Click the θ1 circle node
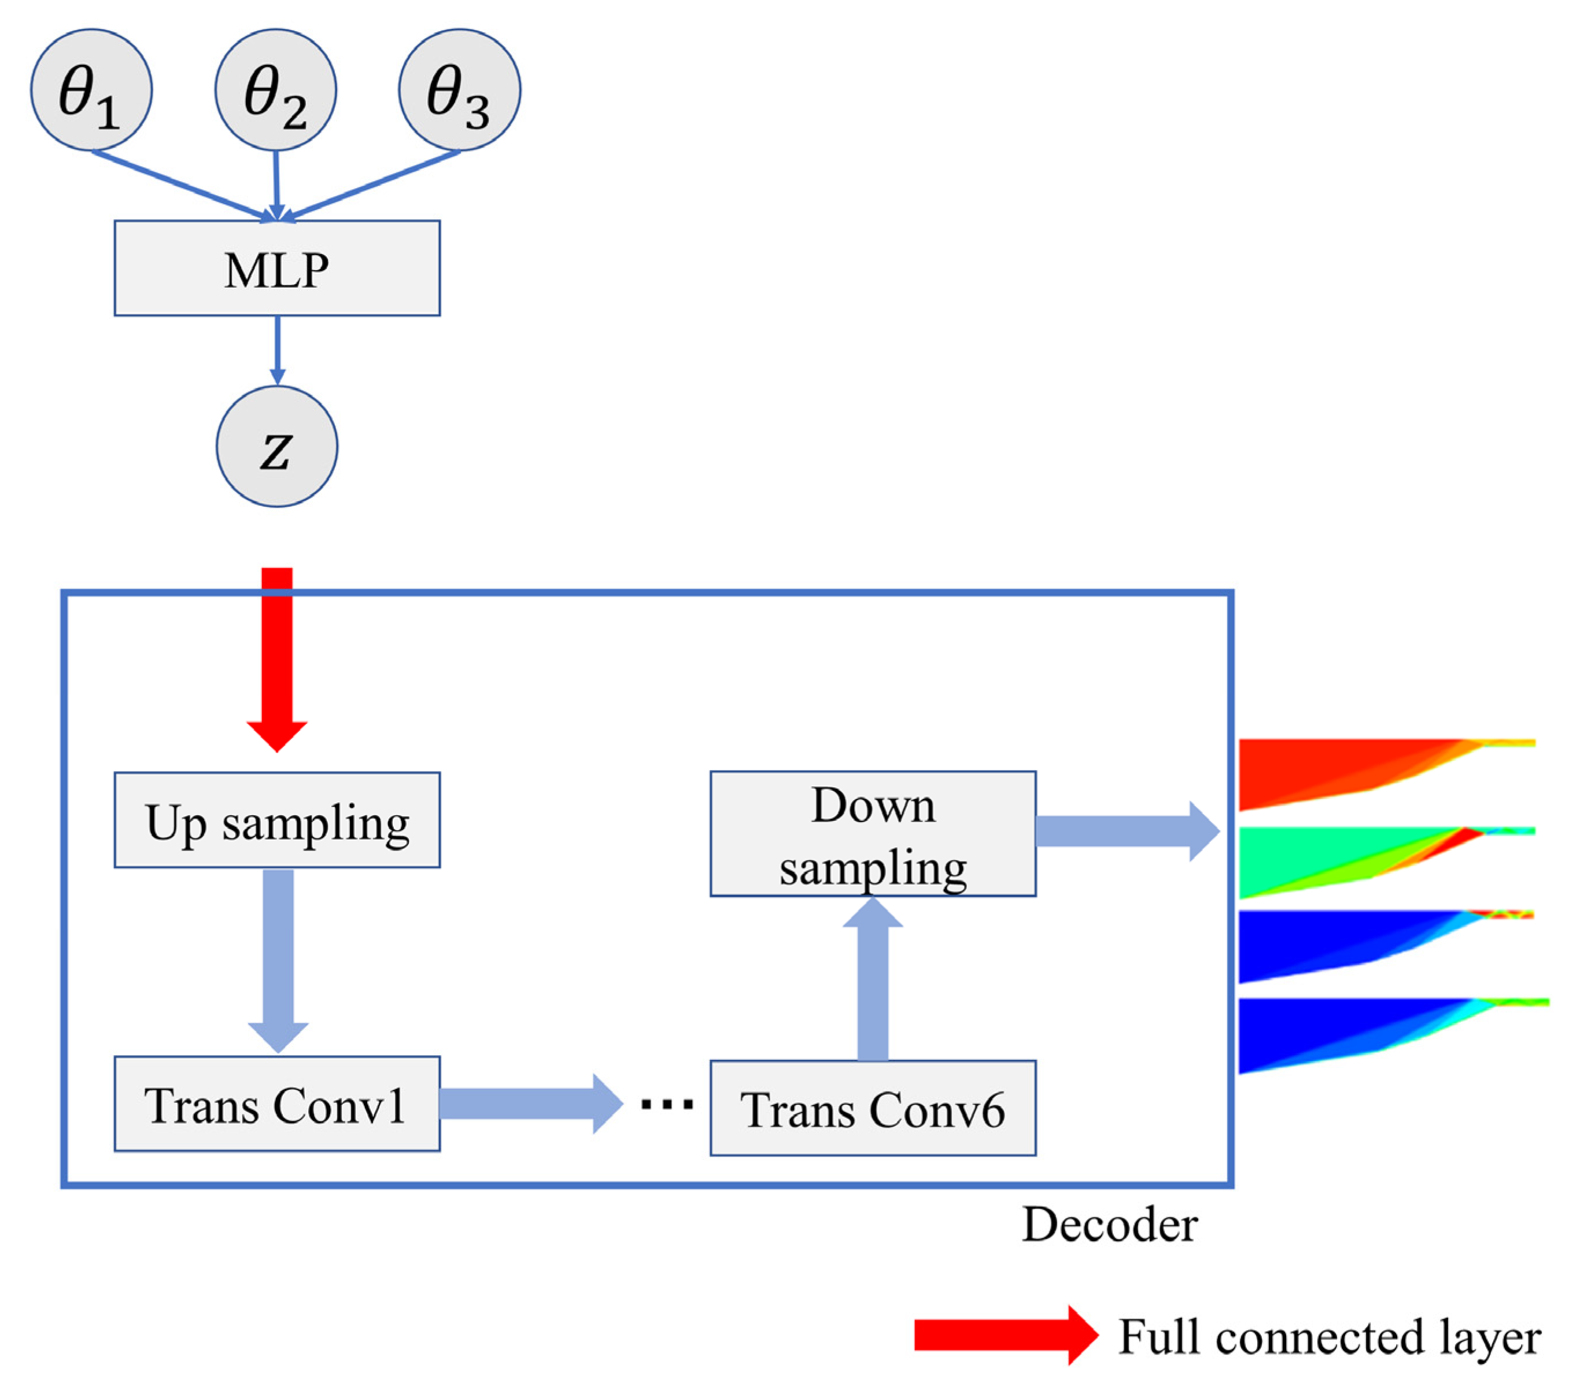[91, 90]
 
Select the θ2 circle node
[276, 90]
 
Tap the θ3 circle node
[459, 90]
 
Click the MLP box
[277, 268]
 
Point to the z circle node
[277, 446]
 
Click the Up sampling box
[277, 820]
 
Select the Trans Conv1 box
[277, 1104]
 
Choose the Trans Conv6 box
[873, 1108]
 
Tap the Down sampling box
[873, 834]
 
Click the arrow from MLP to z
[277, 349]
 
